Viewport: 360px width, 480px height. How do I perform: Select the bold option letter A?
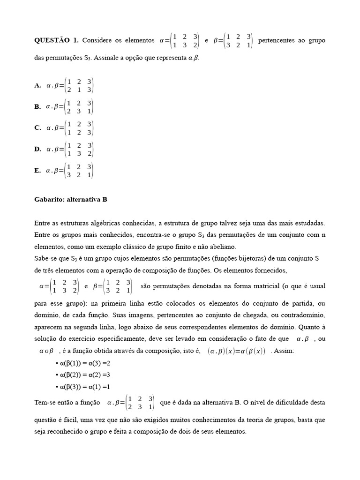pyautogui.click(x=37, y=86)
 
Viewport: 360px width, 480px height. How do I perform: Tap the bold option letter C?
pyautogui.click(x=37, y=128)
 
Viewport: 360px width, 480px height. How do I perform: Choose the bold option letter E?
pyautogui.click(x=37, y=171)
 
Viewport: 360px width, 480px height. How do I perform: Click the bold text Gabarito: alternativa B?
pyautogui.click(x=71, y=199)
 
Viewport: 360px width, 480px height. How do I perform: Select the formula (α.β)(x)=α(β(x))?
pyautogui.click(x=236, y=352)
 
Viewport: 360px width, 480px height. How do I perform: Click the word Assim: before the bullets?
pyautogui.click(x=284, y=352)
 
